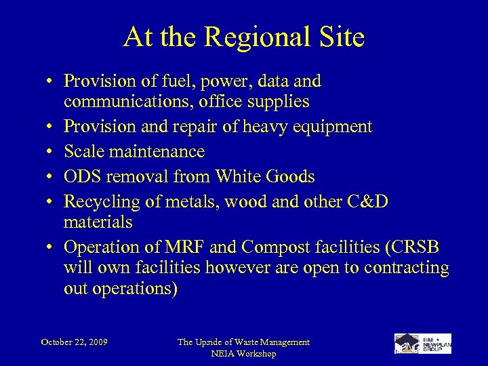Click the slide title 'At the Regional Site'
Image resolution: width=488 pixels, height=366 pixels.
pos(243,37)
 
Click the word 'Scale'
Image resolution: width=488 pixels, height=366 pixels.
pos(84,152)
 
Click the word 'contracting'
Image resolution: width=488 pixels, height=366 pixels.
pos(406,268)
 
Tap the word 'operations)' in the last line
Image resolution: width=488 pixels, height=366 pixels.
pos(136,288)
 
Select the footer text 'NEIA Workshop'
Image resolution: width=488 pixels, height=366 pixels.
pos(243,354)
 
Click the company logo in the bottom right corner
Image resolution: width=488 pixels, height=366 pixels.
pos(422,344)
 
